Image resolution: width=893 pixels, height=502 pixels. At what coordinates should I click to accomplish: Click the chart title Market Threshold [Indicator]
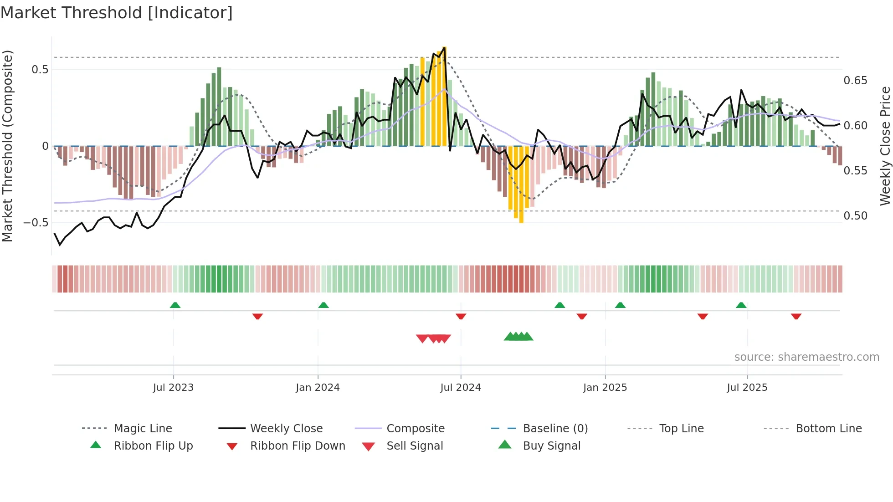click(x=117, y=13)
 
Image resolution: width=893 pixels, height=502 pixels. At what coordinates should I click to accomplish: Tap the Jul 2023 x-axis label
click(x=173, y=388)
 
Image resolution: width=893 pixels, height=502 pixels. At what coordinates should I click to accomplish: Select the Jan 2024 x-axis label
click(x=318, y=388)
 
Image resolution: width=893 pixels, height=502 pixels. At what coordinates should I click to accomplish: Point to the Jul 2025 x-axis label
click(x=747, y=388)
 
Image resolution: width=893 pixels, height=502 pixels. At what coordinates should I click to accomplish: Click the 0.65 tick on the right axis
click(x=855, y=81)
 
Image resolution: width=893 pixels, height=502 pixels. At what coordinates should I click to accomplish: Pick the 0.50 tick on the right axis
click(x=855, y=216)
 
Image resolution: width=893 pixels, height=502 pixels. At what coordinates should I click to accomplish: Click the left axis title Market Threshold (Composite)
click(x=7, y=146)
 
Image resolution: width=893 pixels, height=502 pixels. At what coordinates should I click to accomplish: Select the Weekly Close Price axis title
click(x=885, y=146)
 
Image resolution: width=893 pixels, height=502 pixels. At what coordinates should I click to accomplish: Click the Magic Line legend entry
click(x=143, y=429)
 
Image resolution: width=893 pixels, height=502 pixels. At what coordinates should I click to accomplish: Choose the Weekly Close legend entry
click(x=286, y=429)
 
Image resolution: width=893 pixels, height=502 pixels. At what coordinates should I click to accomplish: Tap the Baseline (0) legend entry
click(x=555, y=429)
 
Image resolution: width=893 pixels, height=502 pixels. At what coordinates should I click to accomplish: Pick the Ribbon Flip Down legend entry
click(x=298, y=446)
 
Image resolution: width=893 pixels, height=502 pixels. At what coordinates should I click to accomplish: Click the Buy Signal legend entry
click(x=551, y=446)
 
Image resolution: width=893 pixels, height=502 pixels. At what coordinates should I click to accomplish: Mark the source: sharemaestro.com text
click(x=806, y=357)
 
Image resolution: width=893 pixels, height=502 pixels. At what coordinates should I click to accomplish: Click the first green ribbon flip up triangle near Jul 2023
click(x=175, y=305)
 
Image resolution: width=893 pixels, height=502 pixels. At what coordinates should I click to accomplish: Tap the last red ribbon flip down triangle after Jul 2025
click(x=796, y=316)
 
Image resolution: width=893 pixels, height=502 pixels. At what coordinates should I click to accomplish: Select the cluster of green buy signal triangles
click(x=518, y=337)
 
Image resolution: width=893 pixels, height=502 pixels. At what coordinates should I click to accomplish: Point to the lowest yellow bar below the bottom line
click(x=521, y=184)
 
